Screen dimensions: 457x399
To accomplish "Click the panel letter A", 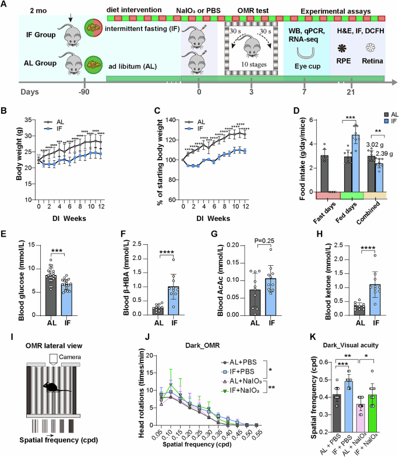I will tap(5, 5).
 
